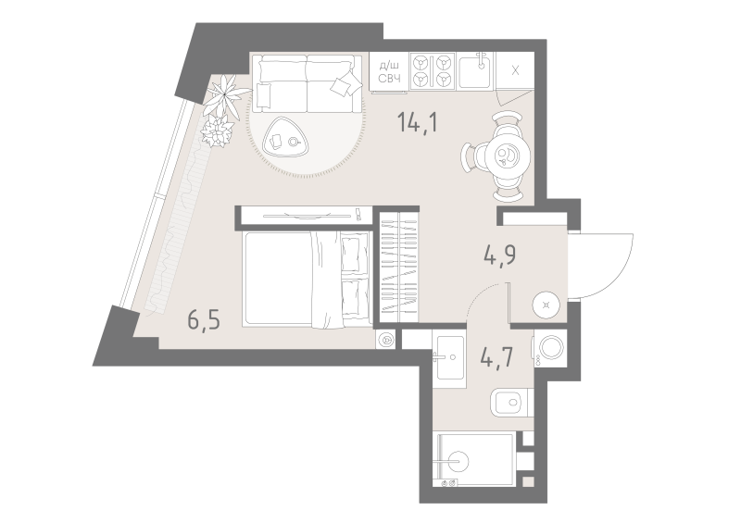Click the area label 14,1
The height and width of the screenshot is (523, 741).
[x=418, y=122]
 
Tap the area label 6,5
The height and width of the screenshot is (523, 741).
[x=204, y=321]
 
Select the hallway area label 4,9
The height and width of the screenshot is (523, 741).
[x=499, y=255]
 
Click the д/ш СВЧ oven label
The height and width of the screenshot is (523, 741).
[x=389, y=72]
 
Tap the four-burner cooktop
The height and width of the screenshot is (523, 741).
[x=432, y=71]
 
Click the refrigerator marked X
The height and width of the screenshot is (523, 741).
[x=515, y=70]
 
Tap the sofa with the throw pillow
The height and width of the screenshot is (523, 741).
[x=307, y=83]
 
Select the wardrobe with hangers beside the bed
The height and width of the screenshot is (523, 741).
[x=400, y=267]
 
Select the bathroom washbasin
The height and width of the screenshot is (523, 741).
[x=450, y=357]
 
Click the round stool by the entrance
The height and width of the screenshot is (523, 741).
[x=546, y=305]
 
